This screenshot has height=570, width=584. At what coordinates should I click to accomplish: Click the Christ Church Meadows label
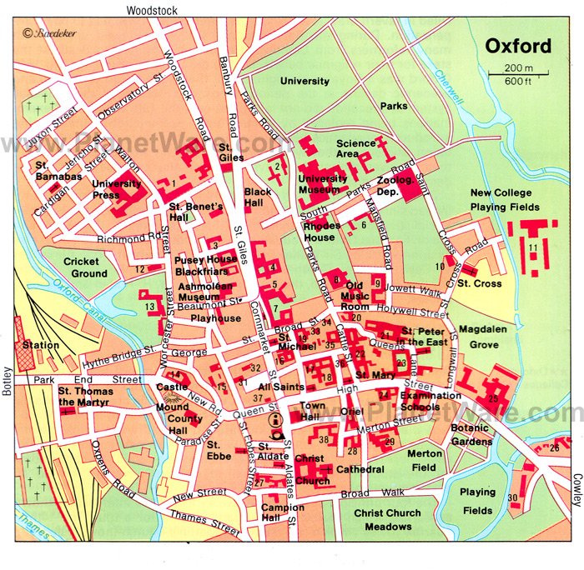[388, 520]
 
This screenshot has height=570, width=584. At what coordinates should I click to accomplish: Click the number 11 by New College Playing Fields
[532, 248]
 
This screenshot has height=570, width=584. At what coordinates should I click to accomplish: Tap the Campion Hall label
[283, 512]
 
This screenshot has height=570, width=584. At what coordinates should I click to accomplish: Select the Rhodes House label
[320, 232]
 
